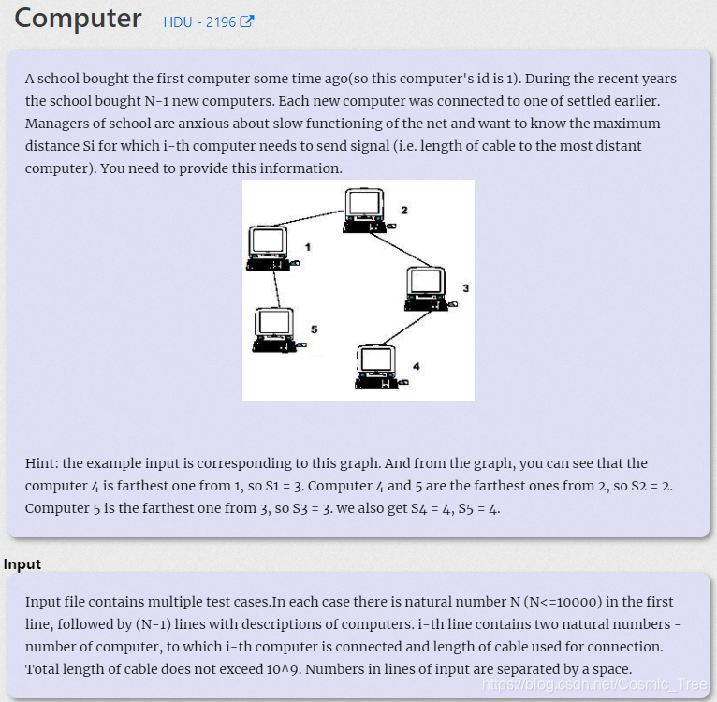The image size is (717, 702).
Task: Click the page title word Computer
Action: (78, 19)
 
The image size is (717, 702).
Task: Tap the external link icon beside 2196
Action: (247, 22)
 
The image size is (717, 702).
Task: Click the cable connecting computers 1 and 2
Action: (308, 218)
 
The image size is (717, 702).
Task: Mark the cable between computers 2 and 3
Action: (400, 250)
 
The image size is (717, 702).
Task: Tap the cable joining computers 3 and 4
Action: (406, 328)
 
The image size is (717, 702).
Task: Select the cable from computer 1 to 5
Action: (277, 289)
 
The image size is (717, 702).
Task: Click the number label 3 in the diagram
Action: (465, 288)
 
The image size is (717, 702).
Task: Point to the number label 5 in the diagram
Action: (315, 329)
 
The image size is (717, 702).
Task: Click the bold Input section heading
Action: (22, 564)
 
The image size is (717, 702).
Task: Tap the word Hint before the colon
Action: (40, 462)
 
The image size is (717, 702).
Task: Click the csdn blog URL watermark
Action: (595, 684)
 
